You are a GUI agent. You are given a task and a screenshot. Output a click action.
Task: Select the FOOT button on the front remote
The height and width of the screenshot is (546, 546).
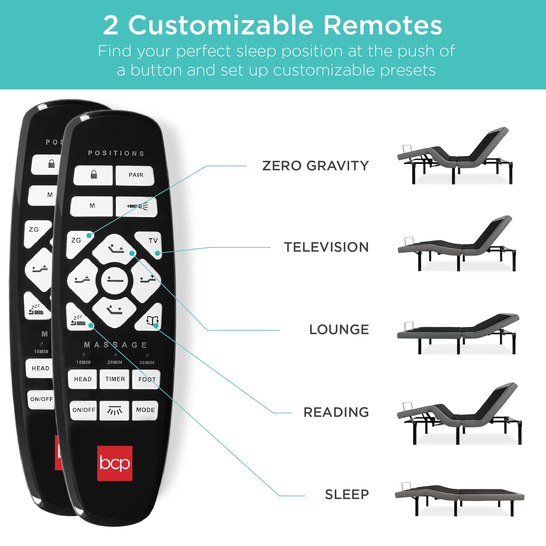pos(146,379)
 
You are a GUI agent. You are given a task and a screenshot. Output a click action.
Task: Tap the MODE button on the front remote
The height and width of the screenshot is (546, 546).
pos(145,410)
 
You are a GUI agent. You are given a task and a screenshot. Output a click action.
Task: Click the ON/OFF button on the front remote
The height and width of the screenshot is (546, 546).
pos(84,410)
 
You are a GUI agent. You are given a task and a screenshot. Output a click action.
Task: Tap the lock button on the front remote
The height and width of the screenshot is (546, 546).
pos(94,175)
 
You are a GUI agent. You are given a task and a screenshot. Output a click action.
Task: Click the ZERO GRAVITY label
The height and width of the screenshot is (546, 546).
pos(315,166)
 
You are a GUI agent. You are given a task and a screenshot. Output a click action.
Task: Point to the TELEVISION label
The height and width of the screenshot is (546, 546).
pos(326,247)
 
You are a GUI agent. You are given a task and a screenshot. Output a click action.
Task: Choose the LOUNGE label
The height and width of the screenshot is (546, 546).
pos(339,330)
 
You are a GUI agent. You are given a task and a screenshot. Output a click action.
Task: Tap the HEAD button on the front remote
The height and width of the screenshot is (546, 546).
pos(83,379)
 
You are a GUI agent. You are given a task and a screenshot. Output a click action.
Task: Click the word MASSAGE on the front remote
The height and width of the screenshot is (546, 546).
pos(115,345)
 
